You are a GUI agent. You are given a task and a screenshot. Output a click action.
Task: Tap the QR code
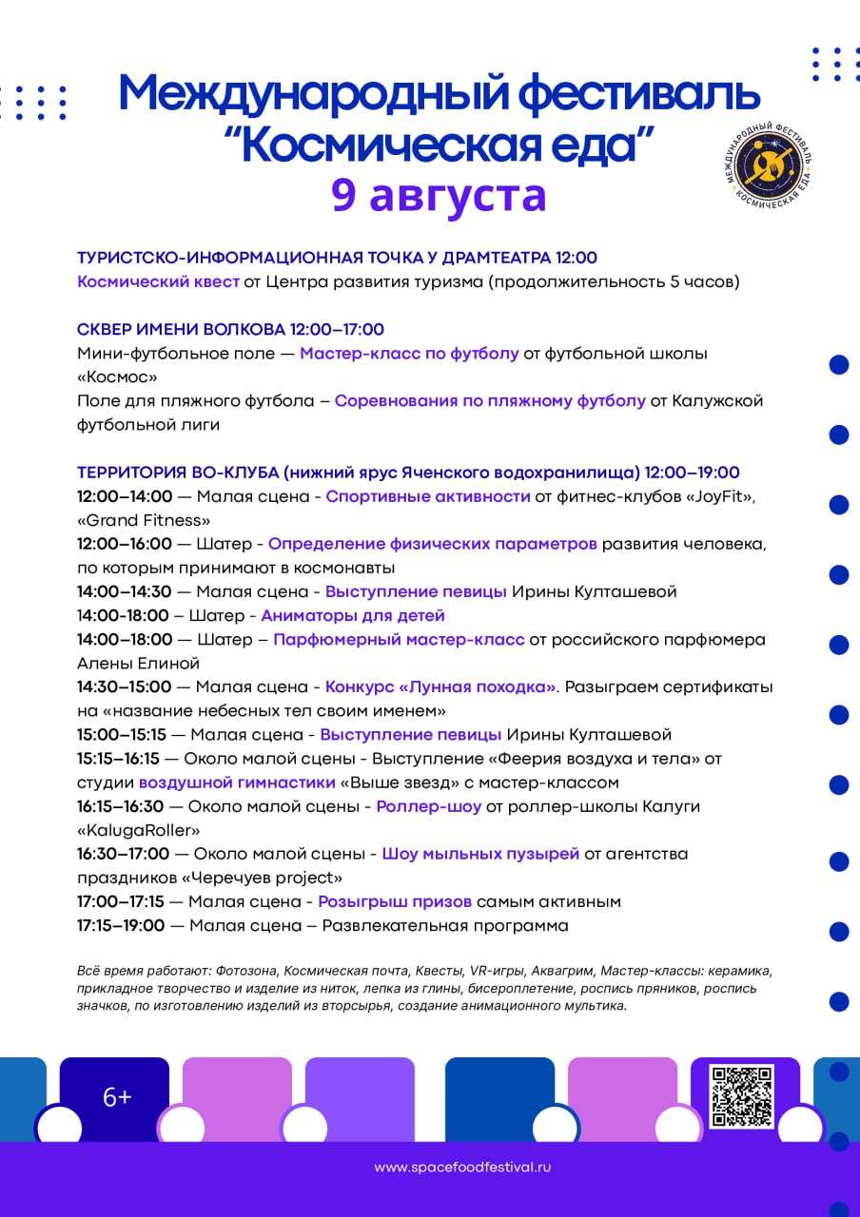742,1096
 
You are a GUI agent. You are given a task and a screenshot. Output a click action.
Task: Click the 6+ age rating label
117,1097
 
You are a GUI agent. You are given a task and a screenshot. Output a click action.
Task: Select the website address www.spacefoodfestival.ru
462,1167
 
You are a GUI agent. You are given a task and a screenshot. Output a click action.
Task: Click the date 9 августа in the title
439,195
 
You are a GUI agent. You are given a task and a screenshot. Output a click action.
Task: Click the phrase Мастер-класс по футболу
409,353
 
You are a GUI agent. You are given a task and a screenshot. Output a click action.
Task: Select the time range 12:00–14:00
125,496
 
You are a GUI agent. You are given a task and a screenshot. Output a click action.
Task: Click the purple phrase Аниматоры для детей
353,615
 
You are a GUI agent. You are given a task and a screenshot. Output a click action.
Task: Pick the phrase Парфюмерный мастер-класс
399,639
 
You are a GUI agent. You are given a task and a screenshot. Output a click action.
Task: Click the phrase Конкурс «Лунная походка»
440,686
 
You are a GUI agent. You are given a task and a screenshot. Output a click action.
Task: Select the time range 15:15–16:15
118,758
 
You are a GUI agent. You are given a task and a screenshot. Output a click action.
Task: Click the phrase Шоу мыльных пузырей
480,854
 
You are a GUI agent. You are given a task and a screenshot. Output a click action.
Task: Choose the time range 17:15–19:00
121,925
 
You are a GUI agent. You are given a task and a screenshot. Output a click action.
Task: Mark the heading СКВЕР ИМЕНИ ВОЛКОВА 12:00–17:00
230,329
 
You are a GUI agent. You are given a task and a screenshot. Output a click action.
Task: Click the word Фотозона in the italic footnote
241,971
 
